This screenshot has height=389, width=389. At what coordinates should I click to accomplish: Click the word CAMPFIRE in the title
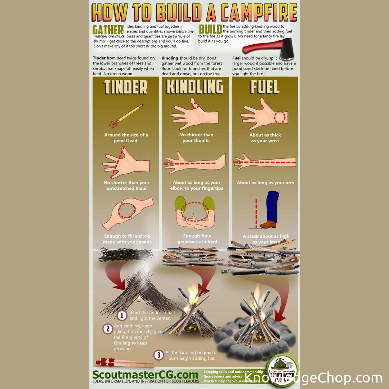259,13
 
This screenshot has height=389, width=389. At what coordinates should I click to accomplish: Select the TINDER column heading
126,88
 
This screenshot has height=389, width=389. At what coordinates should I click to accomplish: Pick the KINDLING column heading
194,87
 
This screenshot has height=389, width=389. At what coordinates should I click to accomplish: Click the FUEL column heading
265,88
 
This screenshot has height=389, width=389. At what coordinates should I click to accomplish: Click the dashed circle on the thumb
196,105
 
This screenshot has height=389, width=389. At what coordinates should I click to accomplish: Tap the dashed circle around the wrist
280,117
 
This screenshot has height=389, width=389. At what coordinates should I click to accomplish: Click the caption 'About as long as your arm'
265,183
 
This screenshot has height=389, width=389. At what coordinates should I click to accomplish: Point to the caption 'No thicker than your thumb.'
196,138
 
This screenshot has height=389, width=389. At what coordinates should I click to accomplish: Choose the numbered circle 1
122,316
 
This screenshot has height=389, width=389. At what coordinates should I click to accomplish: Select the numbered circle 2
107,328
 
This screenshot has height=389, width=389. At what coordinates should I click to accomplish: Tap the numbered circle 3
158,355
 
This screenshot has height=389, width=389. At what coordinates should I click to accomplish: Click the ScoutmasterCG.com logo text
145,375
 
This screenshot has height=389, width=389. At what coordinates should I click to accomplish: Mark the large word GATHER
108,30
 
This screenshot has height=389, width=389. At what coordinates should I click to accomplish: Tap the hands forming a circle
128,213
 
